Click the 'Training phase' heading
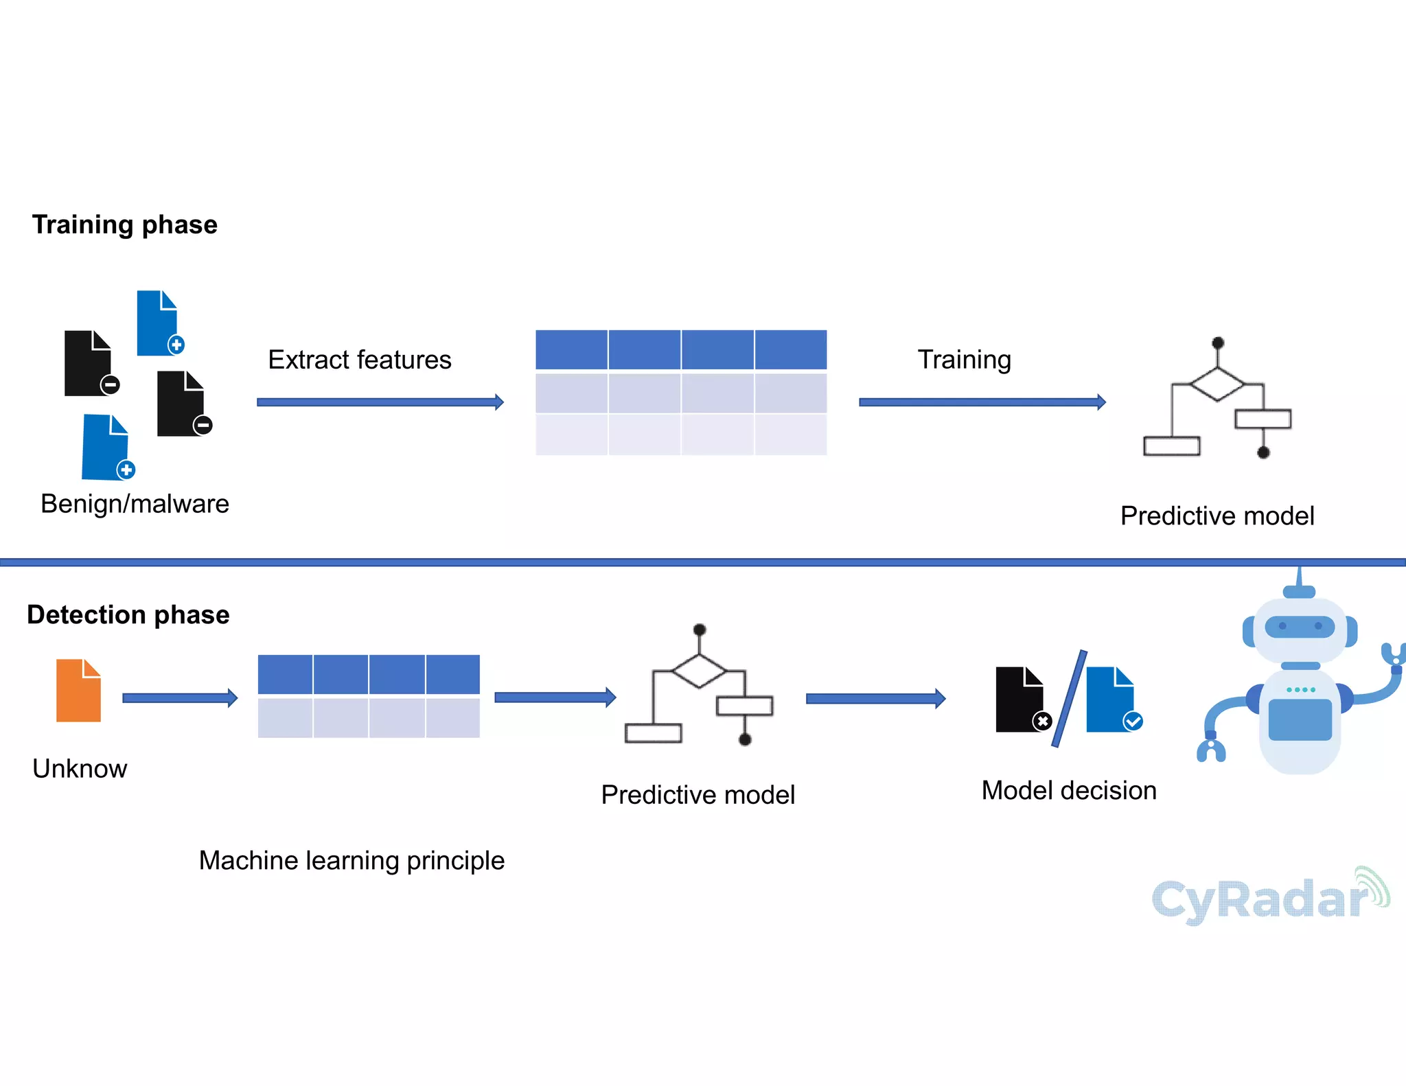[x=124, y=225]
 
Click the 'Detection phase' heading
[x=128, y=614]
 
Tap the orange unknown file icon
[x=78, y=691]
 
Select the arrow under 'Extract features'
[x=380, y=402]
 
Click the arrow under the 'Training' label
[x=982, y=402]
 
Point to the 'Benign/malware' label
[x=135, y=504]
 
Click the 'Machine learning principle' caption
[x=351, y=860]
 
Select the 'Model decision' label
[x=1069, y=790]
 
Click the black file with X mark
[x=1019, y=700]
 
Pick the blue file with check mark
[x=1111, y=700]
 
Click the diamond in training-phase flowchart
[x=1217, y=384]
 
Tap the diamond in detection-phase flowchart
[x=699, y=671]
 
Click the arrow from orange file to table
[x=180, y=698]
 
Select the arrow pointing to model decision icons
[x=875, y=699]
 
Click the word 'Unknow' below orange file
[x=80, y=769]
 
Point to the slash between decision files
[x=1070, y=699]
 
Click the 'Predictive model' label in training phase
[x=1217, y=516]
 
